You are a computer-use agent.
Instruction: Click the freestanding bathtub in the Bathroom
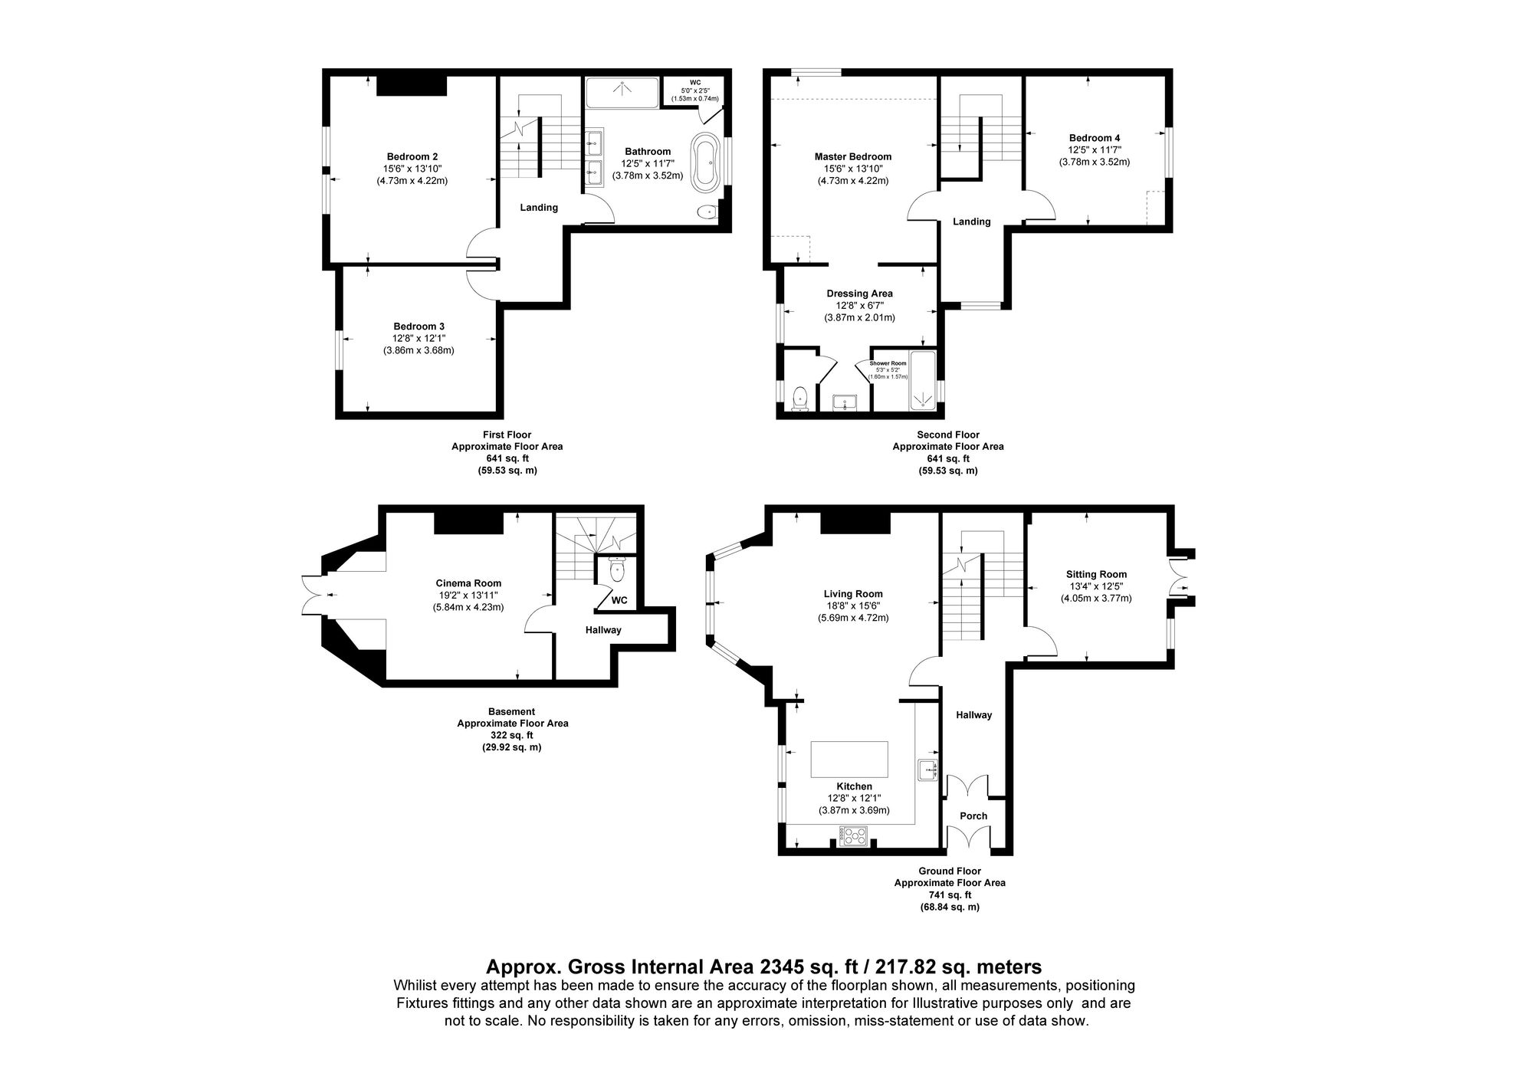705,162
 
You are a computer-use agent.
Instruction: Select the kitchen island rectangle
849,760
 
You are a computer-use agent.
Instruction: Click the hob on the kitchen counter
853,835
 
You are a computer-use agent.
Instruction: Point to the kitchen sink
927,770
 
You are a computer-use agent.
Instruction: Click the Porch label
973,816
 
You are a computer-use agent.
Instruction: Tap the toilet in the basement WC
618,570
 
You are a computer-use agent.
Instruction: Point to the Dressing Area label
859,294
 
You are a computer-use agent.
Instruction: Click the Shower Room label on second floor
888,363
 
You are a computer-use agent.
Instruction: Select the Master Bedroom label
852,157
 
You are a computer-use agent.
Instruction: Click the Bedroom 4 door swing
1042,205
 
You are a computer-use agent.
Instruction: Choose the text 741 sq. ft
950,894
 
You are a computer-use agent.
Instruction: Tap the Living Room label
852,594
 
